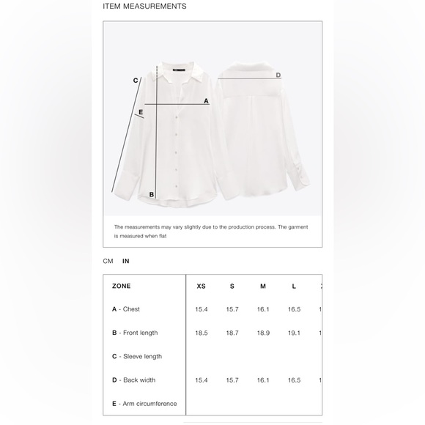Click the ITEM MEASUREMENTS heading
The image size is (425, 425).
tap(144, 7)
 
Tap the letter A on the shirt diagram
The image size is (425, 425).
tap(206, 101)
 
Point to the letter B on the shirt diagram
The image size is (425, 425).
tap(152, 194)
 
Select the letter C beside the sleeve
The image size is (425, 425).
tap(136, 81)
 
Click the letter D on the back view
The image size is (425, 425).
tap(278, 75)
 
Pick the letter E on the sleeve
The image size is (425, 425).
tap(141, 112)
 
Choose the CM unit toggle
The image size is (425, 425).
tap(108, 261)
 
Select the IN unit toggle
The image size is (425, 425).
tap(126, 261)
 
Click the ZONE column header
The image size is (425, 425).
tap(121, 286)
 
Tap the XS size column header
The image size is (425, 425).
tap(202, 286)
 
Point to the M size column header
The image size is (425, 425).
tap(263, 286)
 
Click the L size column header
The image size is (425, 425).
tap(294, 286)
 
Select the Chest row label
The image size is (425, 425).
tap(126, 309)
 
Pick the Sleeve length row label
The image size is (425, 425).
tap(137, 356)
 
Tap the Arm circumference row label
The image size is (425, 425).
tap(144, 403)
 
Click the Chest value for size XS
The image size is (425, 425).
tap(202, 309)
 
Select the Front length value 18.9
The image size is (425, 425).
tap(263, 333)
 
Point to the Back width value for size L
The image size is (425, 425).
tap(294, 380)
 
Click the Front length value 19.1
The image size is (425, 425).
tap(294, 333)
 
